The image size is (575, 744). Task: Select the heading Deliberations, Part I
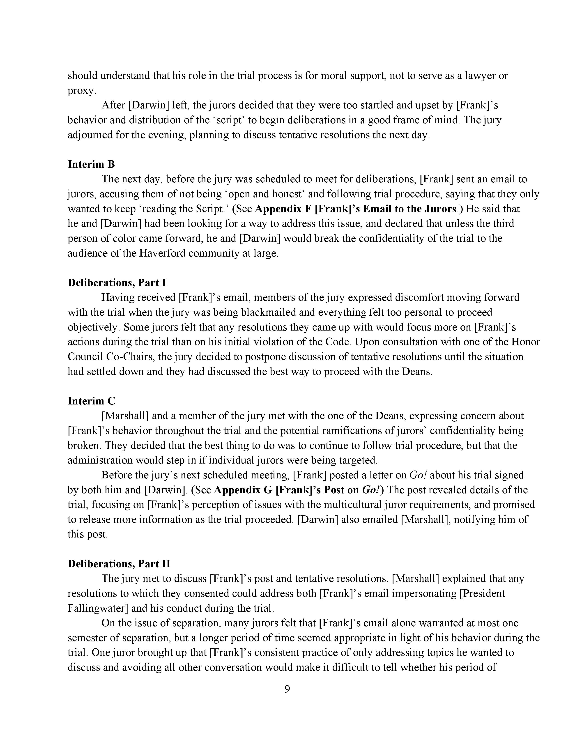[117, 282]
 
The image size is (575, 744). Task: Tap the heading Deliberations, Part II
[119, 564]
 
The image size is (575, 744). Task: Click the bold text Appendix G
[243, 490]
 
